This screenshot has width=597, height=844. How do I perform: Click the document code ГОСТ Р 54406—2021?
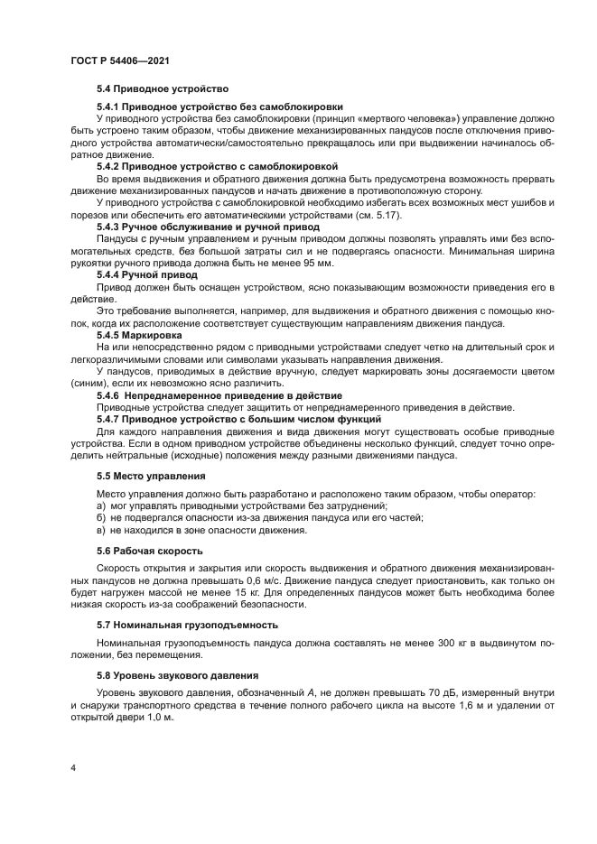[x=120, y=60]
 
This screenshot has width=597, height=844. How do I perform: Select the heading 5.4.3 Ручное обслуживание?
[x=208, y=227]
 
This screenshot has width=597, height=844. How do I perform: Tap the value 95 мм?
[x=315, y=262]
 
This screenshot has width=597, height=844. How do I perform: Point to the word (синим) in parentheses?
[x=91, y=382]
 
